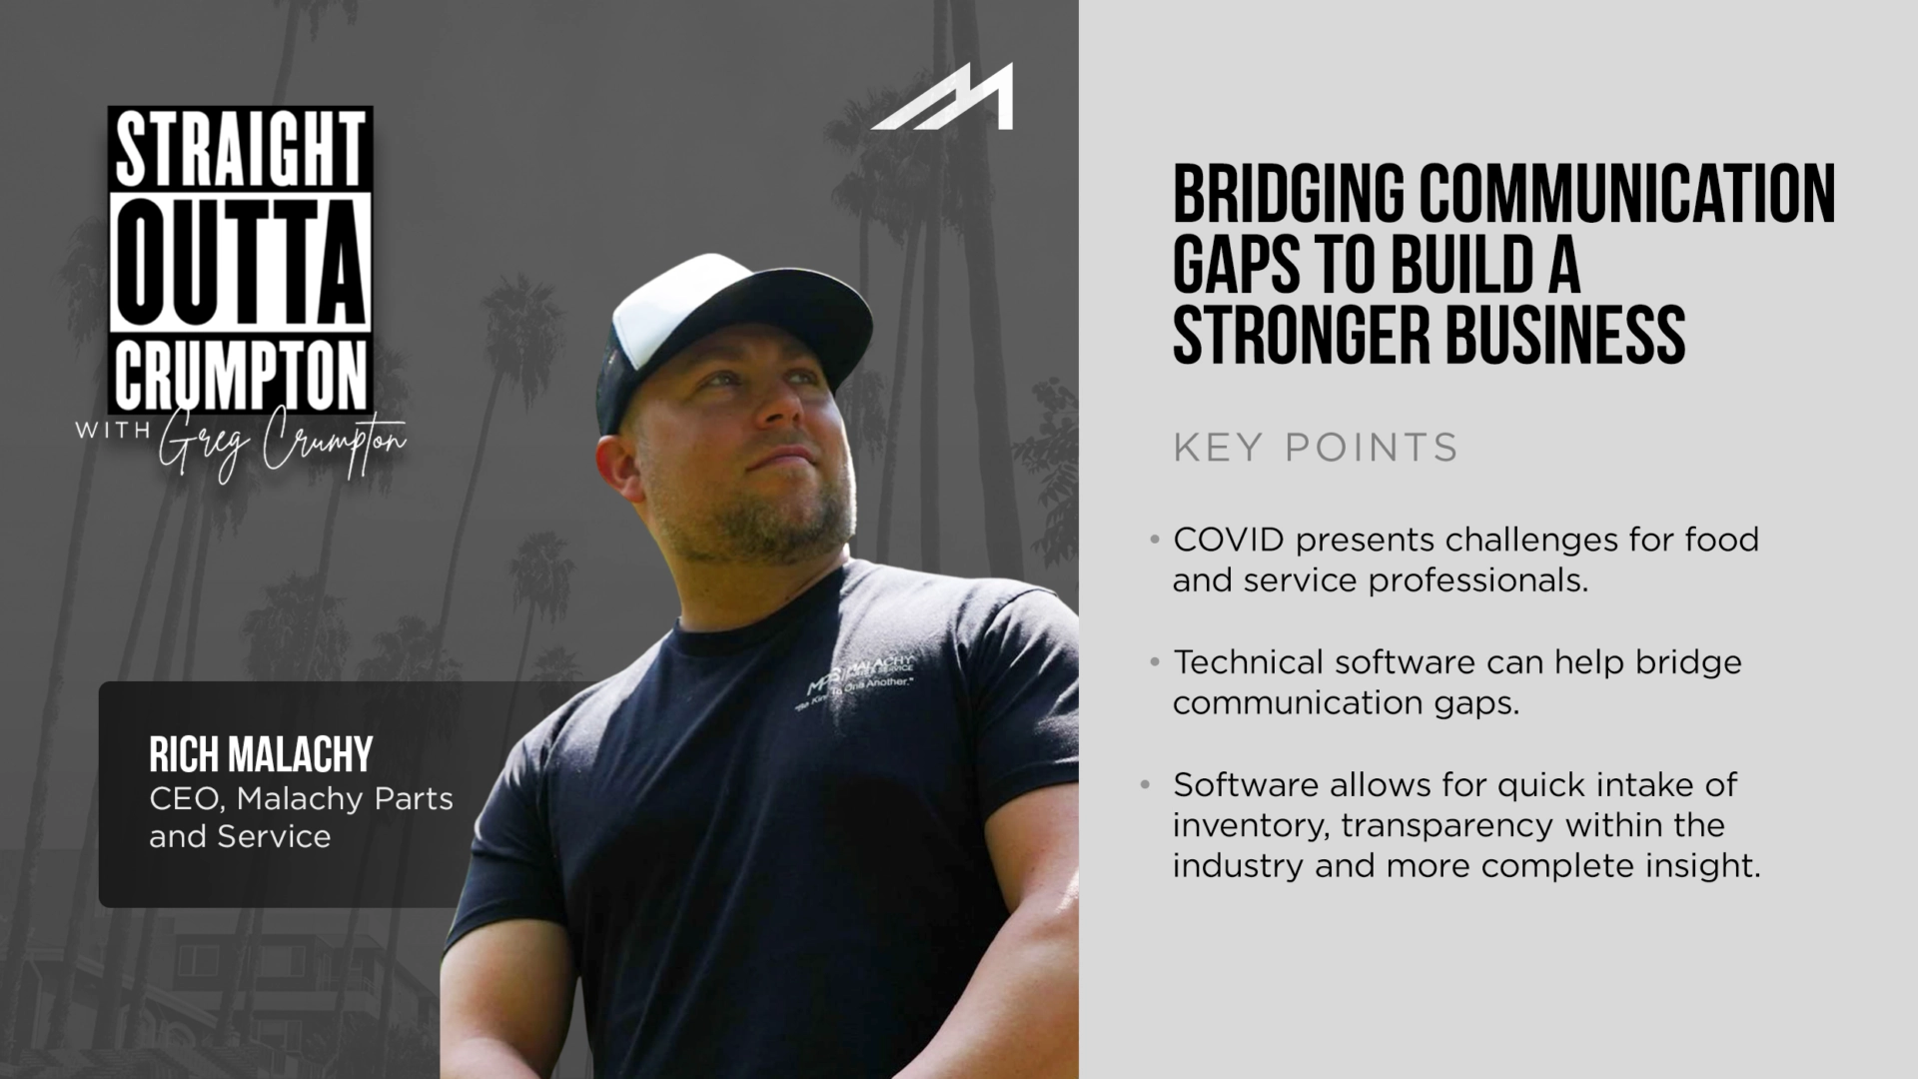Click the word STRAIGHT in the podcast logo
pos(240,150)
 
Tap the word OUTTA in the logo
pos(240,262)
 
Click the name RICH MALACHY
pos(261,754)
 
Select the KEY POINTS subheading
pos(1316,448)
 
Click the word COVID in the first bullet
pos(1228,539)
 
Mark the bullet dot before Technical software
pos(1155,662)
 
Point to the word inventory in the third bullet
pos(1250,826)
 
